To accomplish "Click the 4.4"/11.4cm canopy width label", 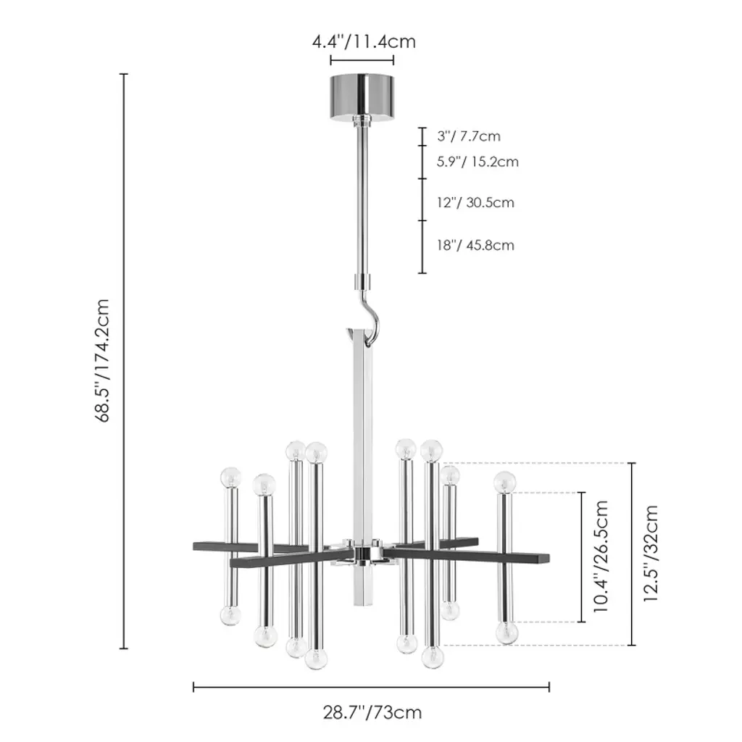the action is tap(364, 41).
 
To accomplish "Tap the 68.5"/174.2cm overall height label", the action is tap(101, 361).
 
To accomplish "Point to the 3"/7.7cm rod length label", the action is tap(469, 136).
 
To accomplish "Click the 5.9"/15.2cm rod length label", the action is tap(478, 162).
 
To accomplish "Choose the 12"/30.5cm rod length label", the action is tap(475, 203).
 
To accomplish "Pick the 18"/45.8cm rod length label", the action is tap(475, 245).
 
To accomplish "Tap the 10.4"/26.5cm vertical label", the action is tap(600, 556).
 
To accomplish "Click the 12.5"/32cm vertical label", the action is tap(651, 553).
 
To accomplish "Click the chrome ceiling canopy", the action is tap(362, 98).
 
